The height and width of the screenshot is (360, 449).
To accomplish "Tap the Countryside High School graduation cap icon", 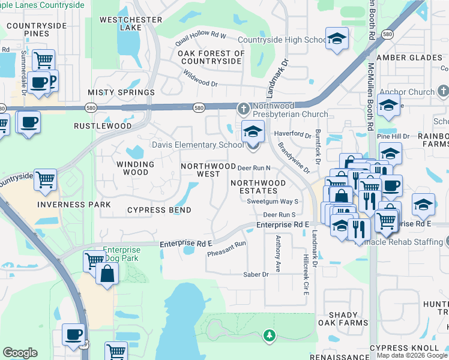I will click(337, 38).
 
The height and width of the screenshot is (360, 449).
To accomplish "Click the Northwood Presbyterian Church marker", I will click(243, 109).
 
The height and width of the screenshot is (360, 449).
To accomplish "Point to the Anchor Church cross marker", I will click(443, 92).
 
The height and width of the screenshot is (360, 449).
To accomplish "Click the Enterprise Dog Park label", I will click(121, 254).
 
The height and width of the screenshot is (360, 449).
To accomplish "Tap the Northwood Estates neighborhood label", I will click(258, 187).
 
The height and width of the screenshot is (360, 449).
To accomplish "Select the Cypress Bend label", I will click(159, 210).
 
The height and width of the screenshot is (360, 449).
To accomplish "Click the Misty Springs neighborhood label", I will click(121, 92).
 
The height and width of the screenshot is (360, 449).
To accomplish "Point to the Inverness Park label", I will click(74, 205).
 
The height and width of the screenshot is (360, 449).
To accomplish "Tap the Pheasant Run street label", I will click(227, 249).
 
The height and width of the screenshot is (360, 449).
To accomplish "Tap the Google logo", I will click(20, 353).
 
